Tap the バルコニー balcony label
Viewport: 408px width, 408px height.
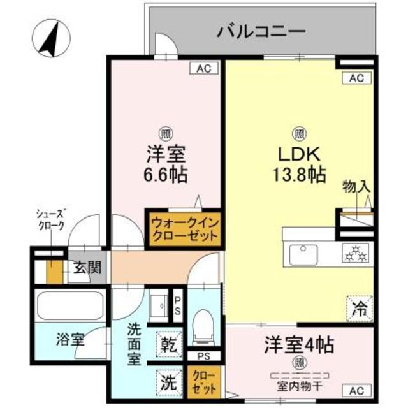click(x=252, y=31)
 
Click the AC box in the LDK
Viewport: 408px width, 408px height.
click(x=356, y=78)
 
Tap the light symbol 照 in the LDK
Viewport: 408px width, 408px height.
click(x=298, y=134)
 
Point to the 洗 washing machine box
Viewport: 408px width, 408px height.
click(x=168, y=382)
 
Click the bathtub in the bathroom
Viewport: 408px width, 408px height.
click(x=70, y=306)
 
